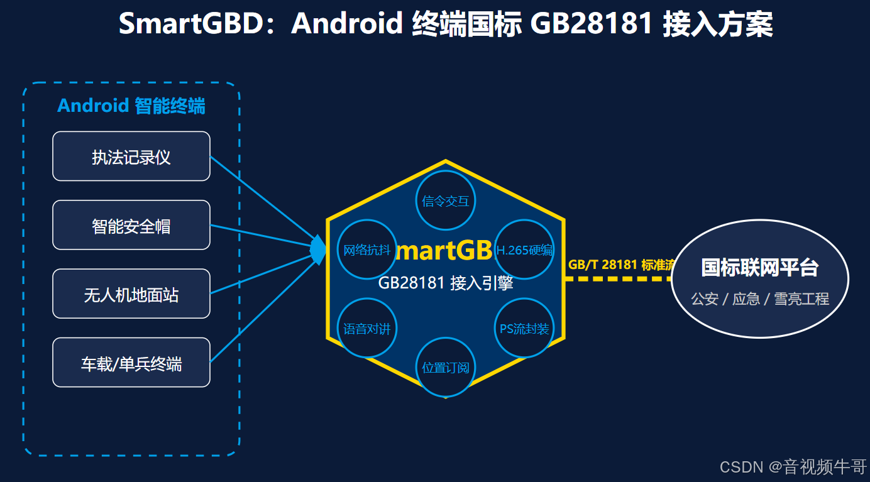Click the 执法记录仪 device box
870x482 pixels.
(131, 156)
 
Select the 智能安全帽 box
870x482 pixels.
(131, 225)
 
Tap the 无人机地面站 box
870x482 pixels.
(131, 294)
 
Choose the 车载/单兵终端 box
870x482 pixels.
(131, 363)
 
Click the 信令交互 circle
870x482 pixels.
(446, 200)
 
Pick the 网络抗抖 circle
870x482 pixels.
(367, 249)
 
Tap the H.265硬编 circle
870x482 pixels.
(524, 249)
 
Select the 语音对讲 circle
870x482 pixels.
(367, 328)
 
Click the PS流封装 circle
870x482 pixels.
(524, 328)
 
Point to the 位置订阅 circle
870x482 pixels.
(446, 367)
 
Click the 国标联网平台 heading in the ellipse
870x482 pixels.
(760, 267)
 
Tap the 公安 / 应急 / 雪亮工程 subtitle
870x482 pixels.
(760, 299)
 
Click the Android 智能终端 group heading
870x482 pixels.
(131, 106)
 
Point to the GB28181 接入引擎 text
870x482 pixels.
(446, 283)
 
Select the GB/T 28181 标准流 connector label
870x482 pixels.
(620, 265)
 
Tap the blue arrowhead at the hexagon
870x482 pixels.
(318, 249)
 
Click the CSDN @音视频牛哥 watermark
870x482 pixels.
(793, 466)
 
